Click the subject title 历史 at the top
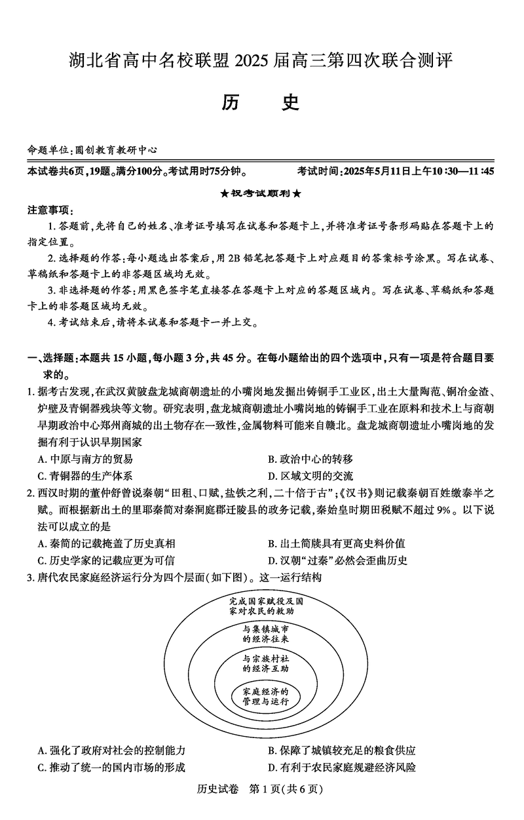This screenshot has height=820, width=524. (x=261, y=103)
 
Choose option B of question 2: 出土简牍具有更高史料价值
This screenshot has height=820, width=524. (x=336, y=543)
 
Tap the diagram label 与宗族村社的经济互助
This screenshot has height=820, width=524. (x=265, y=663)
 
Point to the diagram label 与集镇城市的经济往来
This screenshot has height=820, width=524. (x=265, y=633)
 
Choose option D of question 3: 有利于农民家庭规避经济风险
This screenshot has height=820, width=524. (x=341, y=768)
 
